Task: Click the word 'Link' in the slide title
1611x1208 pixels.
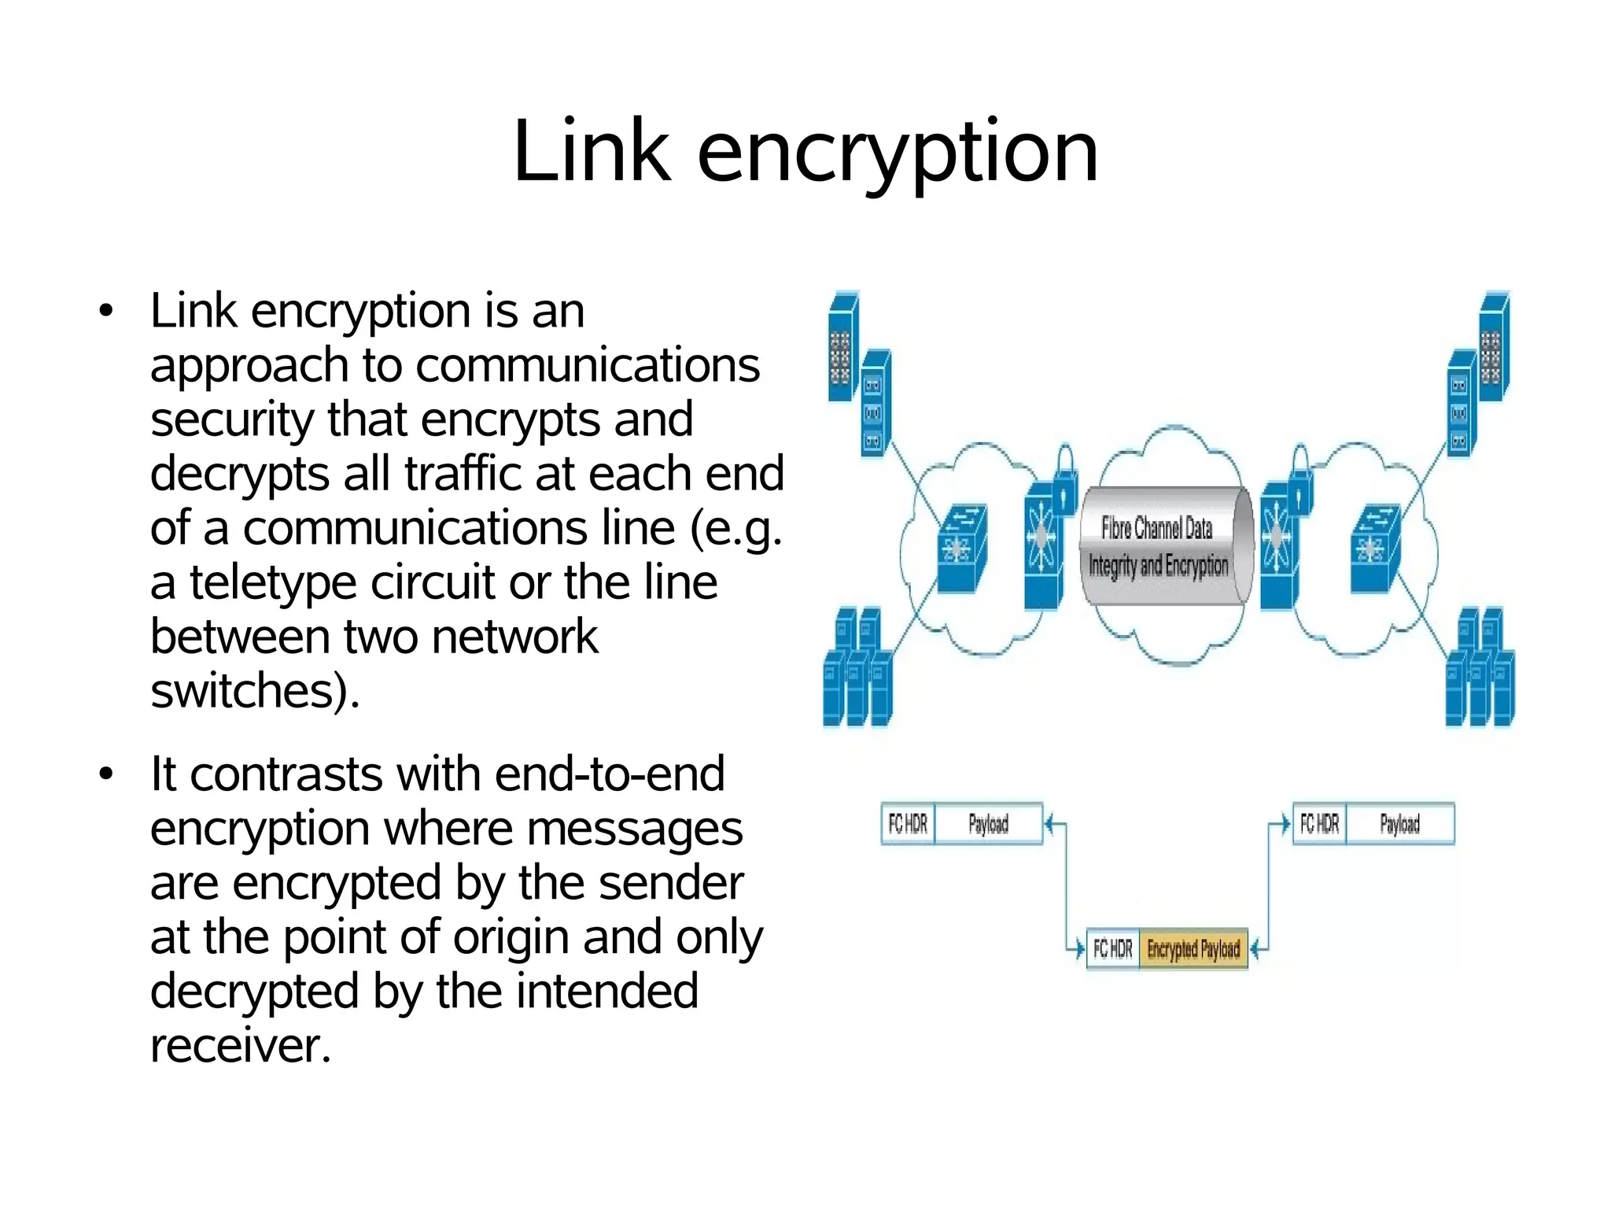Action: (592, 151)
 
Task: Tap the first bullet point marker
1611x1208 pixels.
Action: (106, 311)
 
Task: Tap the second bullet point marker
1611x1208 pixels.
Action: (106, 774)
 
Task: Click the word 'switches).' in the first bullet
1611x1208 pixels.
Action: (254, 691)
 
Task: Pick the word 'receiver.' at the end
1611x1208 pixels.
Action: (240, 1046)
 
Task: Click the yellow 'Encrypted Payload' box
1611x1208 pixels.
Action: (1193, 949)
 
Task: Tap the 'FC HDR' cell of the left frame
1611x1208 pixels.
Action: (908, 824)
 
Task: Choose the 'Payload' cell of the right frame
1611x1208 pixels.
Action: (1399, 824)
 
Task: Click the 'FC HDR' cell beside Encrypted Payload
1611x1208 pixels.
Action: (1112, 949)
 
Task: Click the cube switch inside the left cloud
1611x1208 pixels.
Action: (961, 548)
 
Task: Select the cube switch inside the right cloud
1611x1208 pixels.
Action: (1373, 548)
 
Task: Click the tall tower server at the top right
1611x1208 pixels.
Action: (1493, 346)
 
